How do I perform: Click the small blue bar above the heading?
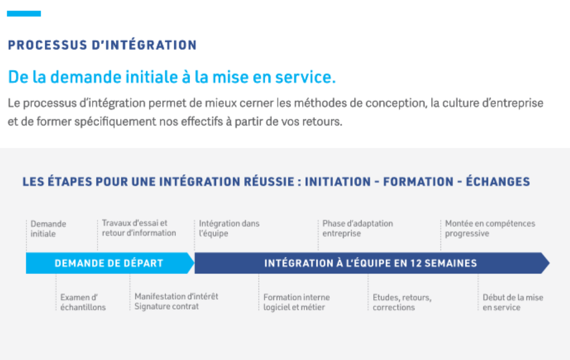point(24,13)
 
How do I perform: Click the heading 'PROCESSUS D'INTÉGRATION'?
point(102,45)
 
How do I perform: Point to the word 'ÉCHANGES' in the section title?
point(498,181)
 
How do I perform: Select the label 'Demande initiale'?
point(48,229)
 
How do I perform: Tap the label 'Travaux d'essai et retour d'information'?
point(139,228)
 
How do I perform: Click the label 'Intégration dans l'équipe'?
point(229,228)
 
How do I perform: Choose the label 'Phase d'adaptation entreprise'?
point(358,228)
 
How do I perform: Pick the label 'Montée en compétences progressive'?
point(490,228)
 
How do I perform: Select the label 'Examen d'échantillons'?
point(83,302)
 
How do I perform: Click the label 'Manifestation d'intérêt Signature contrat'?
point(176,302)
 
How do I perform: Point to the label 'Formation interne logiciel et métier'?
point(297,302)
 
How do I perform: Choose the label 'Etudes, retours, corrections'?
point(402,302)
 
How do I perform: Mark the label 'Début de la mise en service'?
point(513,302)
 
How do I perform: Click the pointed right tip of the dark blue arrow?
point(549,263)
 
